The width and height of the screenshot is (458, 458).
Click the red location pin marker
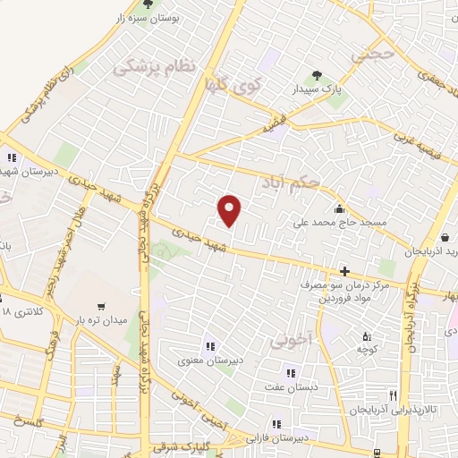[x=230, y=210]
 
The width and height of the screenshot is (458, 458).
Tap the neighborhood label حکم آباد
[x=291, y=182]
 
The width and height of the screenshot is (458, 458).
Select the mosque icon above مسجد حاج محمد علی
[x=341, y=209]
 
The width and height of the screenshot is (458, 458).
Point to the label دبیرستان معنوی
[x=211, y=360]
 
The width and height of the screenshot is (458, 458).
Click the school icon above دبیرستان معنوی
[x=210, y=345]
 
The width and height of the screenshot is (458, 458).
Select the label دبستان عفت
[x=290, y=386]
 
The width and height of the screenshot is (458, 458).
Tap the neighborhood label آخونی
[x=293, y=341]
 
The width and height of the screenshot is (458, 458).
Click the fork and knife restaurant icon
[x=392, y=394]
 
